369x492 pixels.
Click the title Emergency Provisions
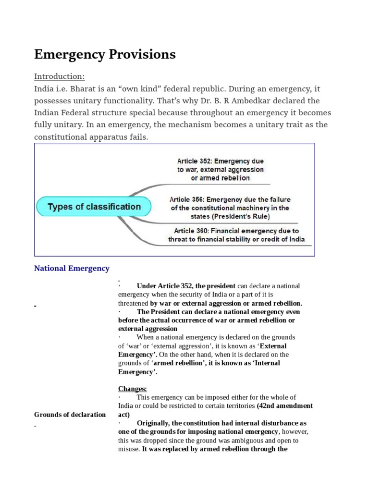[x=105, y=55]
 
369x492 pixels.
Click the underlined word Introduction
[x=59, y=76]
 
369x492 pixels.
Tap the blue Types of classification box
[x=94, y=207]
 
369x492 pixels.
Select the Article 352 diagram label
[x=221, y=170]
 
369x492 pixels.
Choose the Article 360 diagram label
[x=236, y=235]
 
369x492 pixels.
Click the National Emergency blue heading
[x=72, y=268]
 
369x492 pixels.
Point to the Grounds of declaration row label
[x=70, y=415]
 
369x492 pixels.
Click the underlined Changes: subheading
[x=133, y=388]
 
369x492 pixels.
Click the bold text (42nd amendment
[x=284, y=406]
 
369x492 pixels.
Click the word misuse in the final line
[x=128, y=449]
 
